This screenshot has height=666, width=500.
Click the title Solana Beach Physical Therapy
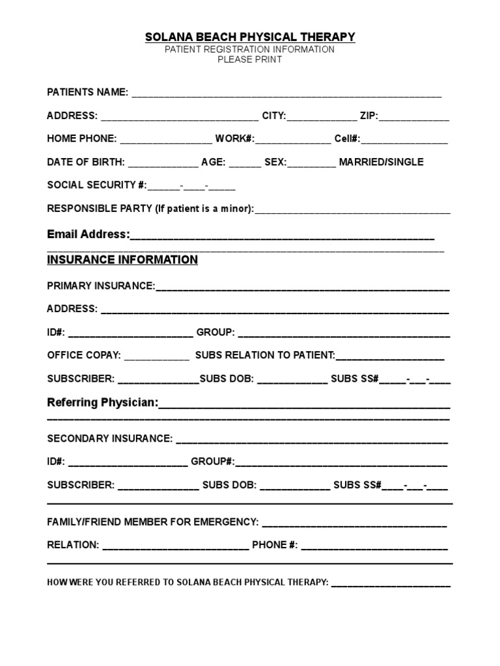(250, 37)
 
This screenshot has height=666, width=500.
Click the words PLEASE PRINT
(250, 60)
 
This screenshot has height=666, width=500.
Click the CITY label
(273, 116)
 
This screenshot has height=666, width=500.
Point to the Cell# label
(346, 139)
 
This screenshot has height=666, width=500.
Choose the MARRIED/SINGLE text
(381, 162)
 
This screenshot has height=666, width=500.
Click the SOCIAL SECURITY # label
(97, 185)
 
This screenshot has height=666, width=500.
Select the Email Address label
(89, 234)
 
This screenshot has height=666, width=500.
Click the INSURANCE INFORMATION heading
(122, 260)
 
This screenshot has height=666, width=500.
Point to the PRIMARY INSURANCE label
(101, 286)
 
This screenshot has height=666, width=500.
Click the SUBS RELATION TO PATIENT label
(265, 355)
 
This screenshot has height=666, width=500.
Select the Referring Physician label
(103, 403)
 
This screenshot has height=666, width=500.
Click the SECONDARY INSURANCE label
(110, 438)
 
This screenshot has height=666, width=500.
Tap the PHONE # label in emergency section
(275, 545)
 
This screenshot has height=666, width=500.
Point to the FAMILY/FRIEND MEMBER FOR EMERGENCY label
(153, 522)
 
